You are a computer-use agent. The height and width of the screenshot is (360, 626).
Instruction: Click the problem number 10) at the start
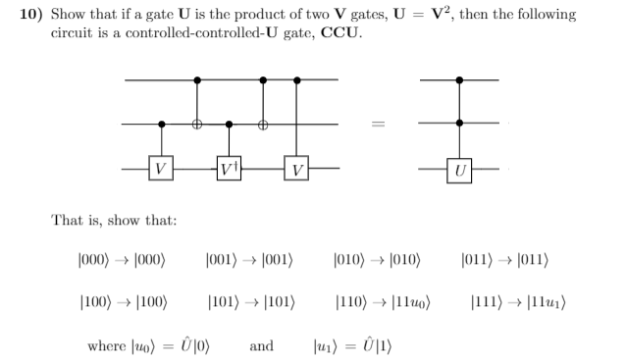[x=33, y=15]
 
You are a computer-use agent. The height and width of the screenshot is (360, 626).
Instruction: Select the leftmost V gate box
[x=161, y=168]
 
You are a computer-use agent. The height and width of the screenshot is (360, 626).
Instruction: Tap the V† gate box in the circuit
[x=229, y=168]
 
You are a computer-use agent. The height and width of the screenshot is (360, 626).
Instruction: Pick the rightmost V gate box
[x=296, y=168]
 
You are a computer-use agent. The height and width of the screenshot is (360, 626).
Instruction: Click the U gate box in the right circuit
[x=459, y=168]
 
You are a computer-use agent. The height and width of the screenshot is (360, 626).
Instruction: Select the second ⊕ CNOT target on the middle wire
[x=262, y=125]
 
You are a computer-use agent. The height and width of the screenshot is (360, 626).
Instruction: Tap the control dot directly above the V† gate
[x=229, y=125]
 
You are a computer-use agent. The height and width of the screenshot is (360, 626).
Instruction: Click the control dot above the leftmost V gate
[x=161, y=125]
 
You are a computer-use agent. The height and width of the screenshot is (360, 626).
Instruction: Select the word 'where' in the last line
[x=105, y=345]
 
